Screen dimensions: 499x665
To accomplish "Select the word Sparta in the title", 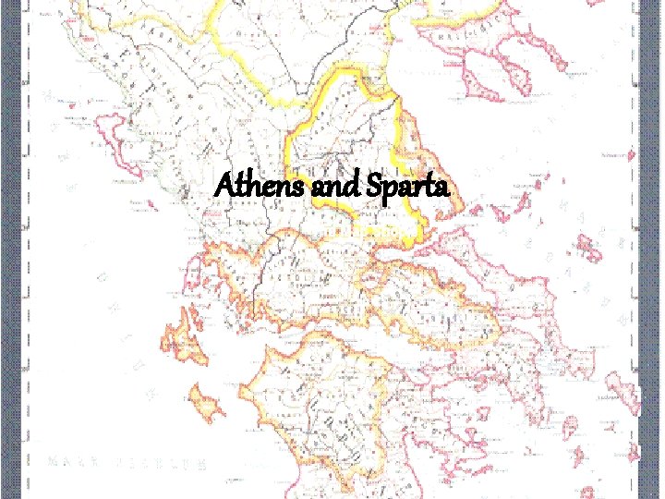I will [410, 189].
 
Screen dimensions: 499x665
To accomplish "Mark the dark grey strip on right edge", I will [653, 249].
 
